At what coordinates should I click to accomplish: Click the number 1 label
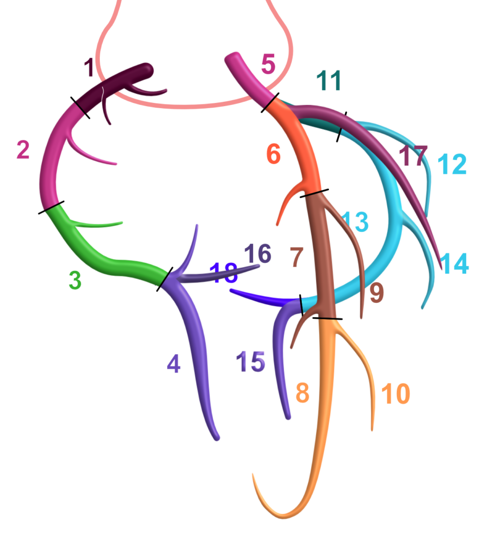tap(89, 68)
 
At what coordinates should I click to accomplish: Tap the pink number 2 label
tap(23, 151)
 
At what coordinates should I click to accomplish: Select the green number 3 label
tap(75, 281)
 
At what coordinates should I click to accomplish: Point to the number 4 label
tap(173, 364)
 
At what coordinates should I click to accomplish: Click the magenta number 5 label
tap(268, 65)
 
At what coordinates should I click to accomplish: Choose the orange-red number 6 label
tap(273, 154)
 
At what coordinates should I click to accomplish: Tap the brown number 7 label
tap(297, 257)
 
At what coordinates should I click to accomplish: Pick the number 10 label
tap(396, 394)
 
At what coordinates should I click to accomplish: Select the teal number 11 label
tap(329, 81)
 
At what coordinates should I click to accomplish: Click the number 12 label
tap(452, 164)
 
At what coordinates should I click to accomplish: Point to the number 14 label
tap(455, 264)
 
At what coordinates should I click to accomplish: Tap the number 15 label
tap(250, 362)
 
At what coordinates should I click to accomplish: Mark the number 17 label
tap(413, 156)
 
